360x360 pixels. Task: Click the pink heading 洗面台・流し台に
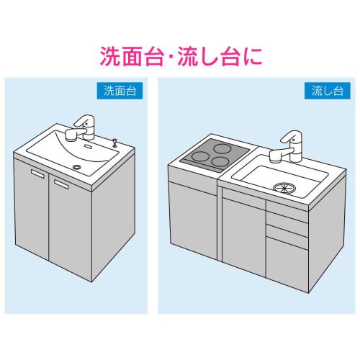(x=180, y=53)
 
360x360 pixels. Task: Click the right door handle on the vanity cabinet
(x=62, y=185)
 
